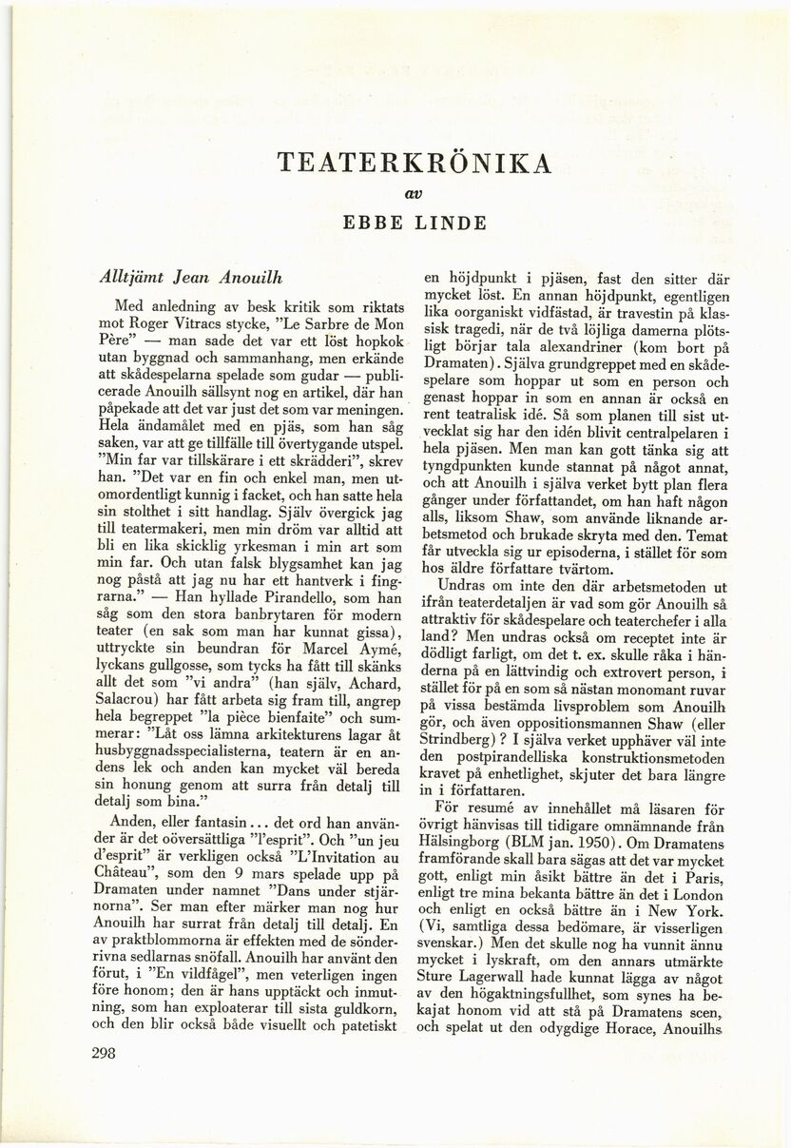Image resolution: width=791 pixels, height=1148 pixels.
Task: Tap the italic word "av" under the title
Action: tap(413, 193)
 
